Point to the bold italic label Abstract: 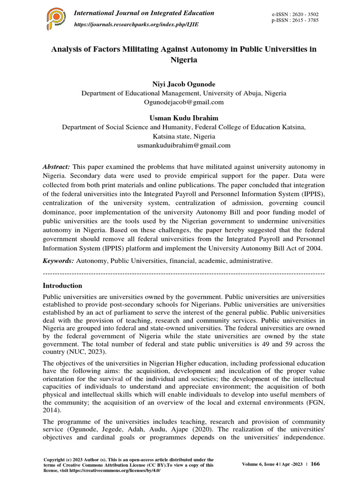pyautogui.click(x=56, y=167)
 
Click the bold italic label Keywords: pyautogui.click(x=58, y=260)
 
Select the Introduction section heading pyautogui.click(x=62, y=285)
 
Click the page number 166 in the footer pyautogui.click(x=315, y=464)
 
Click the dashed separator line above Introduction pyautogui.click(x=184, y=273)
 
